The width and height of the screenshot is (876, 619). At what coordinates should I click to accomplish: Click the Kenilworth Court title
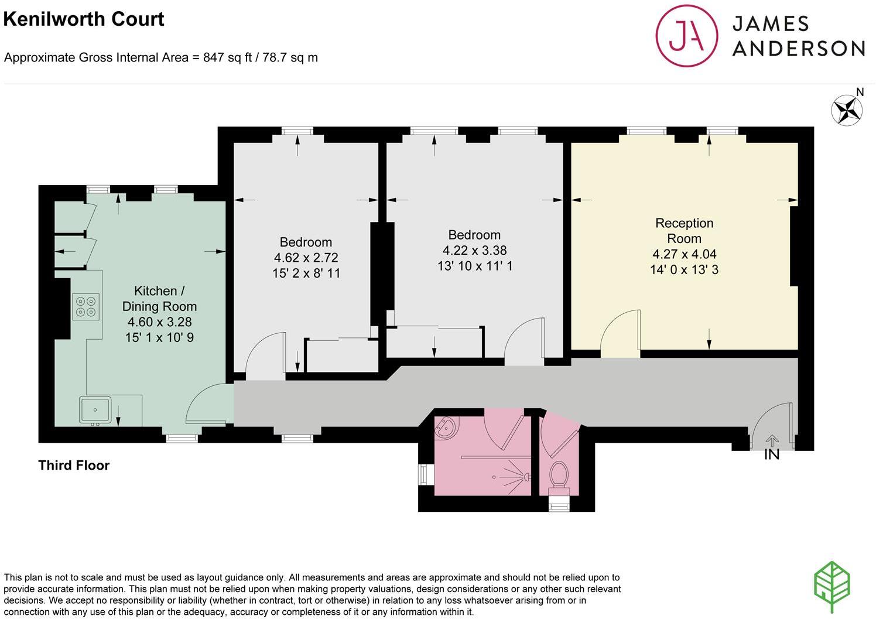84,19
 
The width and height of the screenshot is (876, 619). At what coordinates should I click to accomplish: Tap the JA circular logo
686,36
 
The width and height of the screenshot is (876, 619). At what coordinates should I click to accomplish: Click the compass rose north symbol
847,110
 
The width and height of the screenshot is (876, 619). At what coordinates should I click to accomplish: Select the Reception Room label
684,231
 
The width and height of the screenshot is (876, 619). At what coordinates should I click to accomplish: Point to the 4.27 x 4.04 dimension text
684,254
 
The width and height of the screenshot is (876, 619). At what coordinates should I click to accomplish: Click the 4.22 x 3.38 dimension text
474,251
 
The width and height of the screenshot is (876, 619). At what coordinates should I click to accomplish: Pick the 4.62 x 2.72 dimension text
306,258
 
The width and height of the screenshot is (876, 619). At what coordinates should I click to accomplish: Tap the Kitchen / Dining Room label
159,299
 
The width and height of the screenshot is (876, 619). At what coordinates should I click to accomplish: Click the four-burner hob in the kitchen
86,306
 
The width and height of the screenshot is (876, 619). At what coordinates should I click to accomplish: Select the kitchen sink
95,409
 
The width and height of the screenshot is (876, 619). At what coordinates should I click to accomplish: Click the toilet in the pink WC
559,474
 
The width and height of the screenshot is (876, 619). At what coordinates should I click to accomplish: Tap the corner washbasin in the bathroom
446,427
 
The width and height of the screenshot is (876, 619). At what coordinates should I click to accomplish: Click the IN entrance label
772,454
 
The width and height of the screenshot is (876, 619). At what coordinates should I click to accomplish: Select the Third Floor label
74,466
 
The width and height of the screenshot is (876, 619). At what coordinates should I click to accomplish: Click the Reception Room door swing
621,333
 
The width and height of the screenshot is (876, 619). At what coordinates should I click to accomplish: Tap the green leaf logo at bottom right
832,587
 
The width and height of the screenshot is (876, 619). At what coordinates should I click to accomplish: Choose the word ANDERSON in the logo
798,49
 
